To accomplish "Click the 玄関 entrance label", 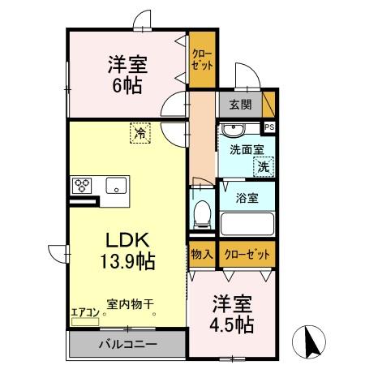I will pyautogui.click(x=240, y=104).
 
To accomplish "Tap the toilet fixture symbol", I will pyautogui.click(x=202, y=213).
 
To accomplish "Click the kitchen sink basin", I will pyautogui.click(x=117, y=185).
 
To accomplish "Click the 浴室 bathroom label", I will pyautogui.click(x=246, y=196).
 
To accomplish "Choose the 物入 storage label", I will pyautogui.click(x=202, y=254).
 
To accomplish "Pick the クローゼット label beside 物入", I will pyautogui.click(x=246, y=254).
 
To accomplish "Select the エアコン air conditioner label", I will pyautogui.click(x=84, y=311).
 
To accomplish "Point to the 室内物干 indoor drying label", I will pyautogui.click(x=130, y=305).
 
